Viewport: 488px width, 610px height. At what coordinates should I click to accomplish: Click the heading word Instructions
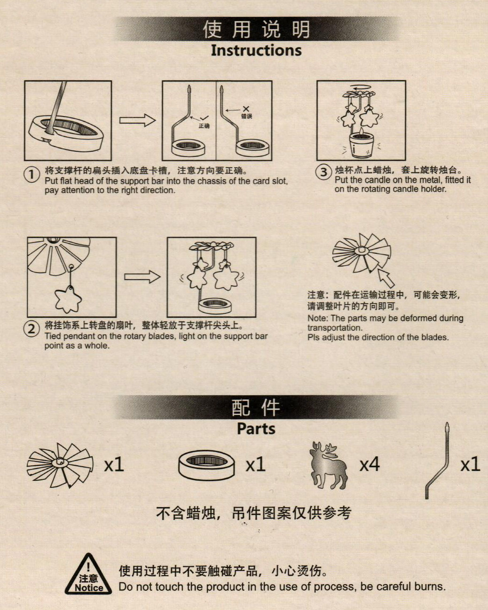click(x=256, y=50)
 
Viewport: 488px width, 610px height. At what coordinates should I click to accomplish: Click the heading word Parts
click(x=256, y=429)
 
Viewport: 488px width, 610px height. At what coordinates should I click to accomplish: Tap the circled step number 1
click(x=31, y=175)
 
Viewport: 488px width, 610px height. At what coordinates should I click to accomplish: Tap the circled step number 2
click(x=31, y=329)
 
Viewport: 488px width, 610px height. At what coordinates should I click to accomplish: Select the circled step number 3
click(x=323, y=172)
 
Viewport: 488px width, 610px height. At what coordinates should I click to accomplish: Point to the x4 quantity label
click(x=370, y=464)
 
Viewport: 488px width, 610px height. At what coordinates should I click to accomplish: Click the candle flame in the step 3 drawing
click(x=361, y=132)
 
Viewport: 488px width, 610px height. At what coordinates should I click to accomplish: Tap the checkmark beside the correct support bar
click(x=204, y=117)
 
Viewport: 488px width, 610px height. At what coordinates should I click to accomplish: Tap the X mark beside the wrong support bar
click(x=246, y=109)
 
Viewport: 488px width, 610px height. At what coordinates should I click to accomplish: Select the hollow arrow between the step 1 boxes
click(x=137, y=120)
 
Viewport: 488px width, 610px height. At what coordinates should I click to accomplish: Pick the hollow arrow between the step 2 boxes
click(x=142, y=277)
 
